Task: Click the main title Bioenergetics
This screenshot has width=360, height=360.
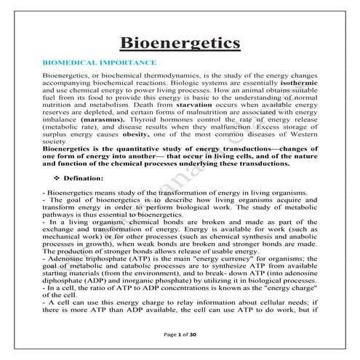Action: tap(180, 44)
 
